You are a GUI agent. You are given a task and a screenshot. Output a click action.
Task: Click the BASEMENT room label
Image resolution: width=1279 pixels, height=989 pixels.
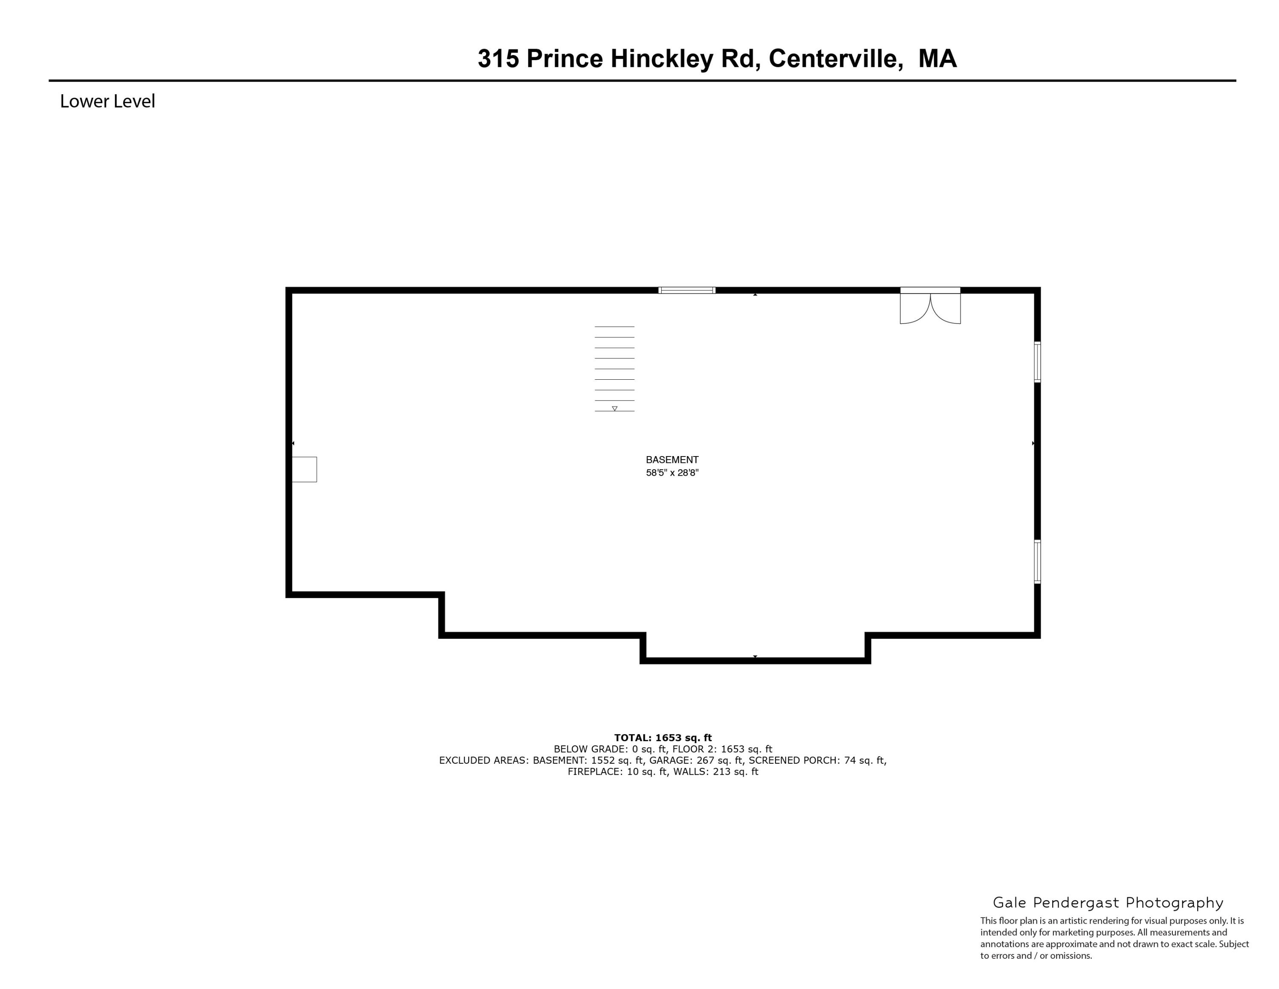tap(672, 460)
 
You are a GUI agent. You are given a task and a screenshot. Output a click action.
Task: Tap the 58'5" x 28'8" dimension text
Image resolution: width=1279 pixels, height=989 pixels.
tap(672, 473)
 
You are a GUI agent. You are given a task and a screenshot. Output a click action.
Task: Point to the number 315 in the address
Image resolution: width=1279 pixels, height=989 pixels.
tap(498, 58)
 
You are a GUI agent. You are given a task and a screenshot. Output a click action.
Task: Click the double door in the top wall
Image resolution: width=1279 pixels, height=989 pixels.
tap(930, 306)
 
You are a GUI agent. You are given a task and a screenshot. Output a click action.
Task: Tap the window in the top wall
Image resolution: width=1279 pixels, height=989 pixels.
tap(687, 290)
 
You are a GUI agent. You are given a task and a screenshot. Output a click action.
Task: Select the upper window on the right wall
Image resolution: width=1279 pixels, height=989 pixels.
tap(1037, 362)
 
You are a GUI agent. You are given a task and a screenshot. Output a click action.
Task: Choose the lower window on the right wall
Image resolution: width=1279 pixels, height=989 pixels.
tap(1037, 562)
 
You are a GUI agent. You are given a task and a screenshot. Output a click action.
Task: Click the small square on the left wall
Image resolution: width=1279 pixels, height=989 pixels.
tap(304, 469)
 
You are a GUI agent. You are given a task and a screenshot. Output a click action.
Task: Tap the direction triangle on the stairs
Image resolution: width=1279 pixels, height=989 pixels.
tap(614, 408)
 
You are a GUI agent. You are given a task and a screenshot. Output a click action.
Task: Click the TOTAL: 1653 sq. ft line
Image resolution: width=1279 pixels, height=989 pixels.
tap(663, 738)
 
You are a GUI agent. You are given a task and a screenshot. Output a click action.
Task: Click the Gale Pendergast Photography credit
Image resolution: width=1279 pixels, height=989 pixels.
tap(1108, 902)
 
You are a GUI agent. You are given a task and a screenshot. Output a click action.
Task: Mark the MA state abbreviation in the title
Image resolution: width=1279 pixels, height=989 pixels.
tap(938, 58)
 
